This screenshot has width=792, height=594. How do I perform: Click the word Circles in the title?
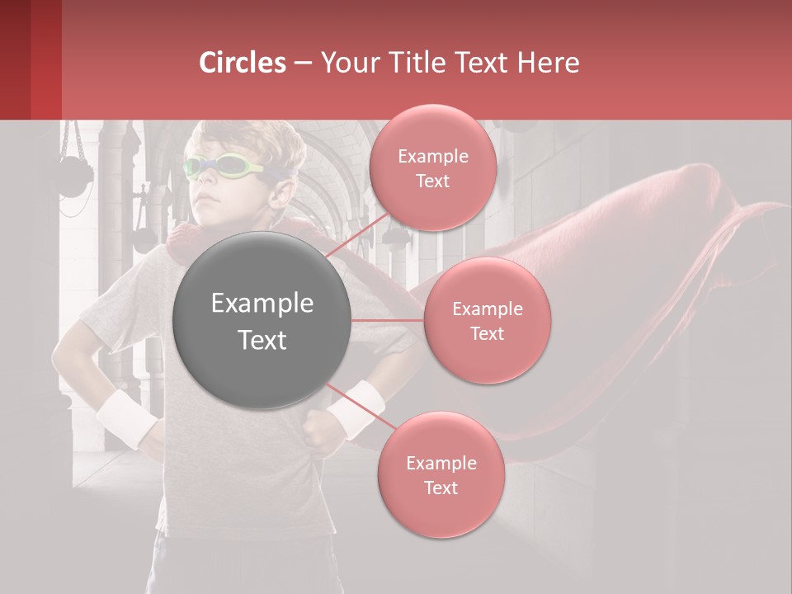click(x=243, y=63)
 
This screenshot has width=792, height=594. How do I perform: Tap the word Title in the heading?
click(x=416, y=63)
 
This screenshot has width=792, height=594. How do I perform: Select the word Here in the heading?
click(x=549, y=63)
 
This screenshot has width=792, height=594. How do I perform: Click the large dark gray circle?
click(x=262, y=320)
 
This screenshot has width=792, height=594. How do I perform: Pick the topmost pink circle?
click(x=432, y=167)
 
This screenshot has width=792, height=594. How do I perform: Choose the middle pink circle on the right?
click(x=487, y=320)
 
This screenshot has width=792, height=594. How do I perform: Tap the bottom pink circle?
click(x=441, y=474)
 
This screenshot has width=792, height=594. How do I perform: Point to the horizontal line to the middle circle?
click(x=388, y=320)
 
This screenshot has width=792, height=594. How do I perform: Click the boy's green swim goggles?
click(x=223, y=167)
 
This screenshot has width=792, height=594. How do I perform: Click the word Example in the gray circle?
click(x=262, y=304)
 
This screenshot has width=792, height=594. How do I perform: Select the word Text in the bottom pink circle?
click(x=441, y=488)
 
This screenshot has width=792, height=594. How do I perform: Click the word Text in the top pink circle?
click(x=432, y=181)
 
